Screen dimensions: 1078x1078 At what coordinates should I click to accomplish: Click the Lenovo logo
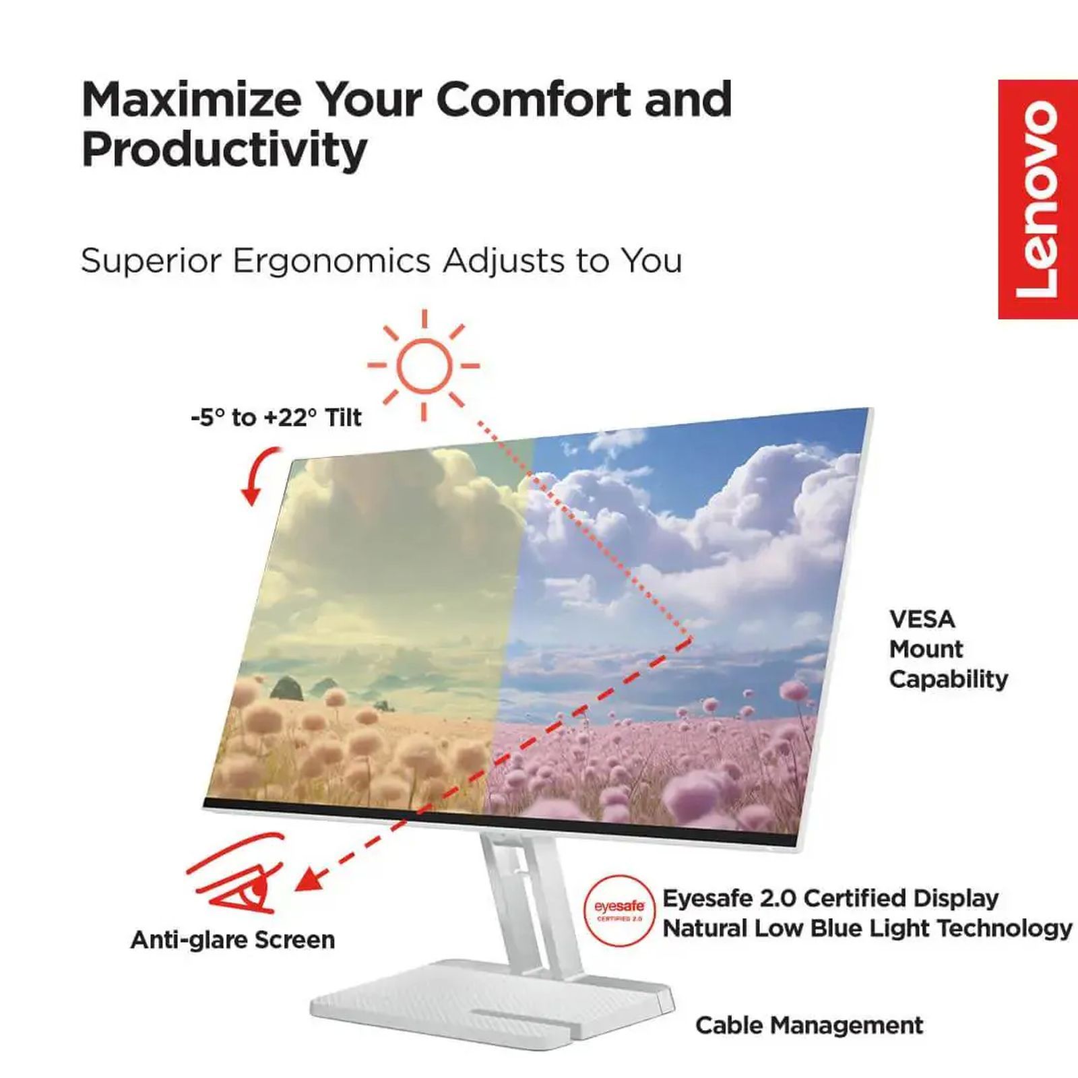click(1038, 199)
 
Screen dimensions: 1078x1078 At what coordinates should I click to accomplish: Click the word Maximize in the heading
click(191, 100)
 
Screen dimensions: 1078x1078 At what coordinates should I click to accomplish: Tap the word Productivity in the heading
click(224, 150)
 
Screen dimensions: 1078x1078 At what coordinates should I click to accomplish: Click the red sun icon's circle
click(423, 366)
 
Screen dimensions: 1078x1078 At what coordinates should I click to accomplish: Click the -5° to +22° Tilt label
click(276, 418)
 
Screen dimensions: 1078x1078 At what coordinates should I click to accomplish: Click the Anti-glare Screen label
click(232, 940)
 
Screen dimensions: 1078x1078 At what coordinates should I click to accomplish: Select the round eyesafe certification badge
click(619, 910)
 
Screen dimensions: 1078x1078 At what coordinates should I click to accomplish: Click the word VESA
click(922, 619)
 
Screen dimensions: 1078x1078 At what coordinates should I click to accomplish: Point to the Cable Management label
click(809, 1025)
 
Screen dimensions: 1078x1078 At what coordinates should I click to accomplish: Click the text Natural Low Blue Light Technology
click(867, 928)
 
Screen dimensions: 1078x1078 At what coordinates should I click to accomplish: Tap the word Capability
click(948, 679)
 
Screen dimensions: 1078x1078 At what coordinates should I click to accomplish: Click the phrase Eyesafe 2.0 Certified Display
click(830, 898)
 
